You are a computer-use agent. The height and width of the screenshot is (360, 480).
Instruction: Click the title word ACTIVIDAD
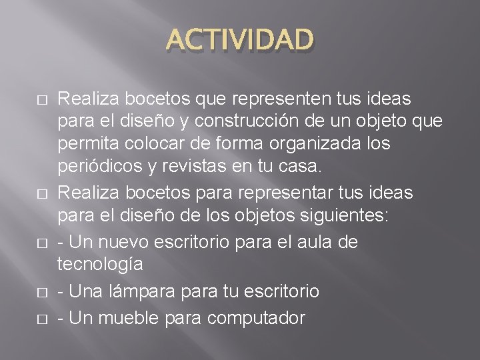(239, 39)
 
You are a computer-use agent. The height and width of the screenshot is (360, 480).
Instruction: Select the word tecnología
(100, 264)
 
